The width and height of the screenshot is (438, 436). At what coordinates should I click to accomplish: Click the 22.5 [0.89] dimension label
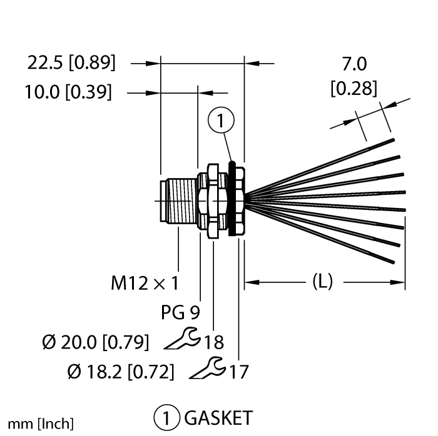tap(71, 62)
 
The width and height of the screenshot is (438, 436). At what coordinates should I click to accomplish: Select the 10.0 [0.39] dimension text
tap(68, 92)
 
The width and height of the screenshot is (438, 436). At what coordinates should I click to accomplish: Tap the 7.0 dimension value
tap(354, 64)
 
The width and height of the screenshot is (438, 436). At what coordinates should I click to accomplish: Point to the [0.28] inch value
tap(354, 89)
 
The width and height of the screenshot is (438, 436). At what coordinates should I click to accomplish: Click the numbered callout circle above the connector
tap(221, 120)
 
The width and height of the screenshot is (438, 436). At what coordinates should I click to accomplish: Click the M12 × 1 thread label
tap(145, 283)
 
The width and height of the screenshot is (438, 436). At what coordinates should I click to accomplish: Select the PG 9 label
tap(180, 312)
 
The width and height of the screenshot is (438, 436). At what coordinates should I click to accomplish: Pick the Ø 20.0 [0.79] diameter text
tap(96, 342)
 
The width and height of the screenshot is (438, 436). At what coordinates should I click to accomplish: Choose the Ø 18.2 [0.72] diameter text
tap(121, 371)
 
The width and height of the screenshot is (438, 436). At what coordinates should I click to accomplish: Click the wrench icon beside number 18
tap(183, 339)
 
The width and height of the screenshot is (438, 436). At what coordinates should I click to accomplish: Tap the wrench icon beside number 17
tap(208, 368)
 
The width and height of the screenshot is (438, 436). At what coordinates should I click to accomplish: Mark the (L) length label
tap(323, 282)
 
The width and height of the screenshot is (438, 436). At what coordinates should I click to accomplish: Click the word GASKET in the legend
tap(218, 418)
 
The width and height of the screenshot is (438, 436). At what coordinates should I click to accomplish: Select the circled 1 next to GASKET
tap(166, 418)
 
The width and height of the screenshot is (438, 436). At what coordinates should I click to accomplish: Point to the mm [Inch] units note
tap(41, 424)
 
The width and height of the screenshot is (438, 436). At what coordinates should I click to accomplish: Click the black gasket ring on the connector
tap(232, 199)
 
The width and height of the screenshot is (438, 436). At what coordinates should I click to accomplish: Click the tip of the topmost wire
tap(394, 140)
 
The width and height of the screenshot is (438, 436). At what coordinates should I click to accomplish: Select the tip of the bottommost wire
tap(393, 262)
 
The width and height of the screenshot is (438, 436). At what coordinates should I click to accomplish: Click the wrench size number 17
tap(239, 372)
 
